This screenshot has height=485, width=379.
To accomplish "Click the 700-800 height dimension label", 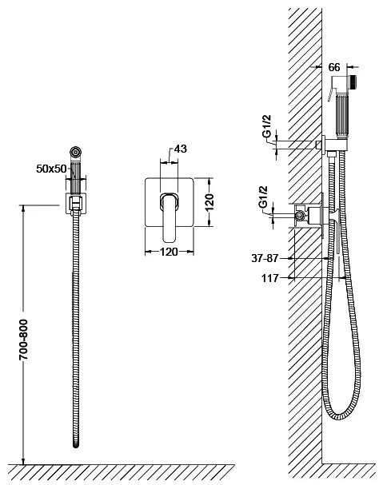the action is click(x=23, y=340).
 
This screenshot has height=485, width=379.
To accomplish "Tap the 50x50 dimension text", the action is click(x=51, y=169).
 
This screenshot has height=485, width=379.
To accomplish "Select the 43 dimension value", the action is click(x=181, y=149).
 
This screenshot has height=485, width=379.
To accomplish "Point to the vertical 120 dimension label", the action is click(x=209, y=202).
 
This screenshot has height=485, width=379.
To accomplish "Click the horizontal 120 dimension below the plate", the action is click(x=169, y=252).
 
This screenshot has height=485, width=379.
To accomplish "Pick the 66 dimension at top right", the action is click(x=334, y=67).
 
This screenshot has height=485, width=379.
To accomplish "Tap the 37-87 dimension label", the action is click(x=265, y=258).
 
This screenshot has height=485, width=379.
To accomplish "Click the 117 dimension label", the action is click(x=270, y=278).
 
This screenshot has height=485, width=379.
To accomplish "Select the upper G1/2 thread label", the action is click(x=266, y=126).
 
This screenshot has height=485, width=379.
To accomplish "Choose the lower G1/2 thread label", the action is click(x=263, y=197).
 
